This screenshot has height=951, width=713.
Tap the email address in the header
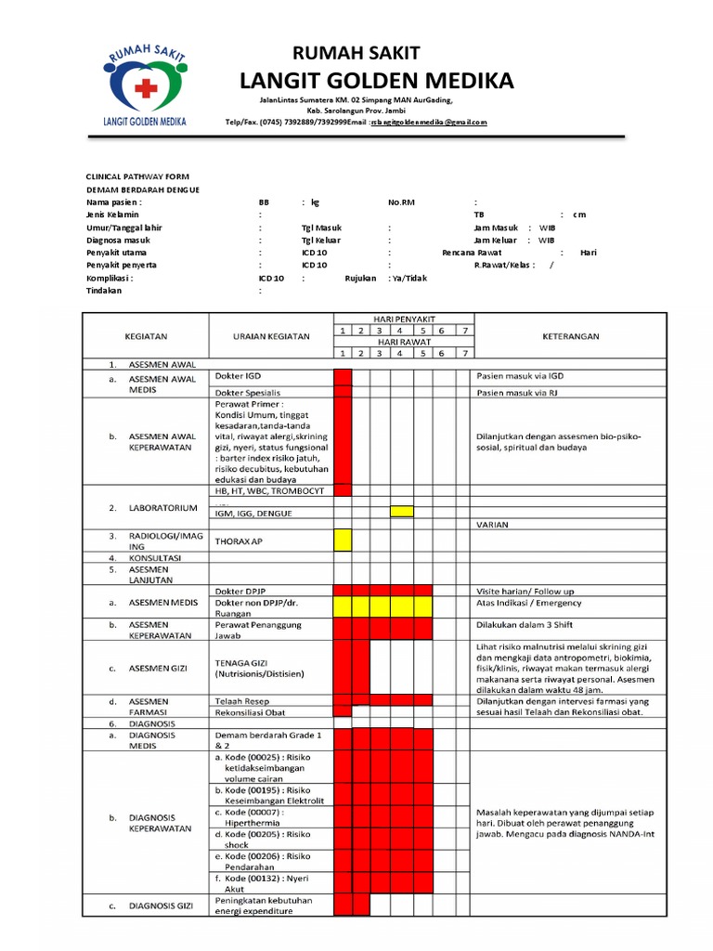429,122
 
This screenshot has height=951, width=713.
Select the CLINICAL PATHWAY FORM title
137,176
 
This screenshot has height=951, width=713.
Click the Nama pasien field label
114,202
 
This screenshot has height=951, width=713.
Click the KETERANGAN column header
571,336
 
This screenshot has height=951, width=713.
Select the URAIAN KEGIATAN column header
270,336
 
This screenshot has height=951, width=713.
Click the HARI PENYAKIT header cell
404,319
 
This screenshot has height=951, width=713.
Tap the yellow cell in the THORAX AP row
343,540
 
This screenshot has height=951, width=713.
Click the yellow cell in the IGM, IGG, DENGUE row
402,511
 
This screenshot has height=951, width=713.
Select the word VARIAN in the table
493,524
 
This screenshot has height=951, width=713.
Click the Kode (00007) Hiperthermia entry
261,817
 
